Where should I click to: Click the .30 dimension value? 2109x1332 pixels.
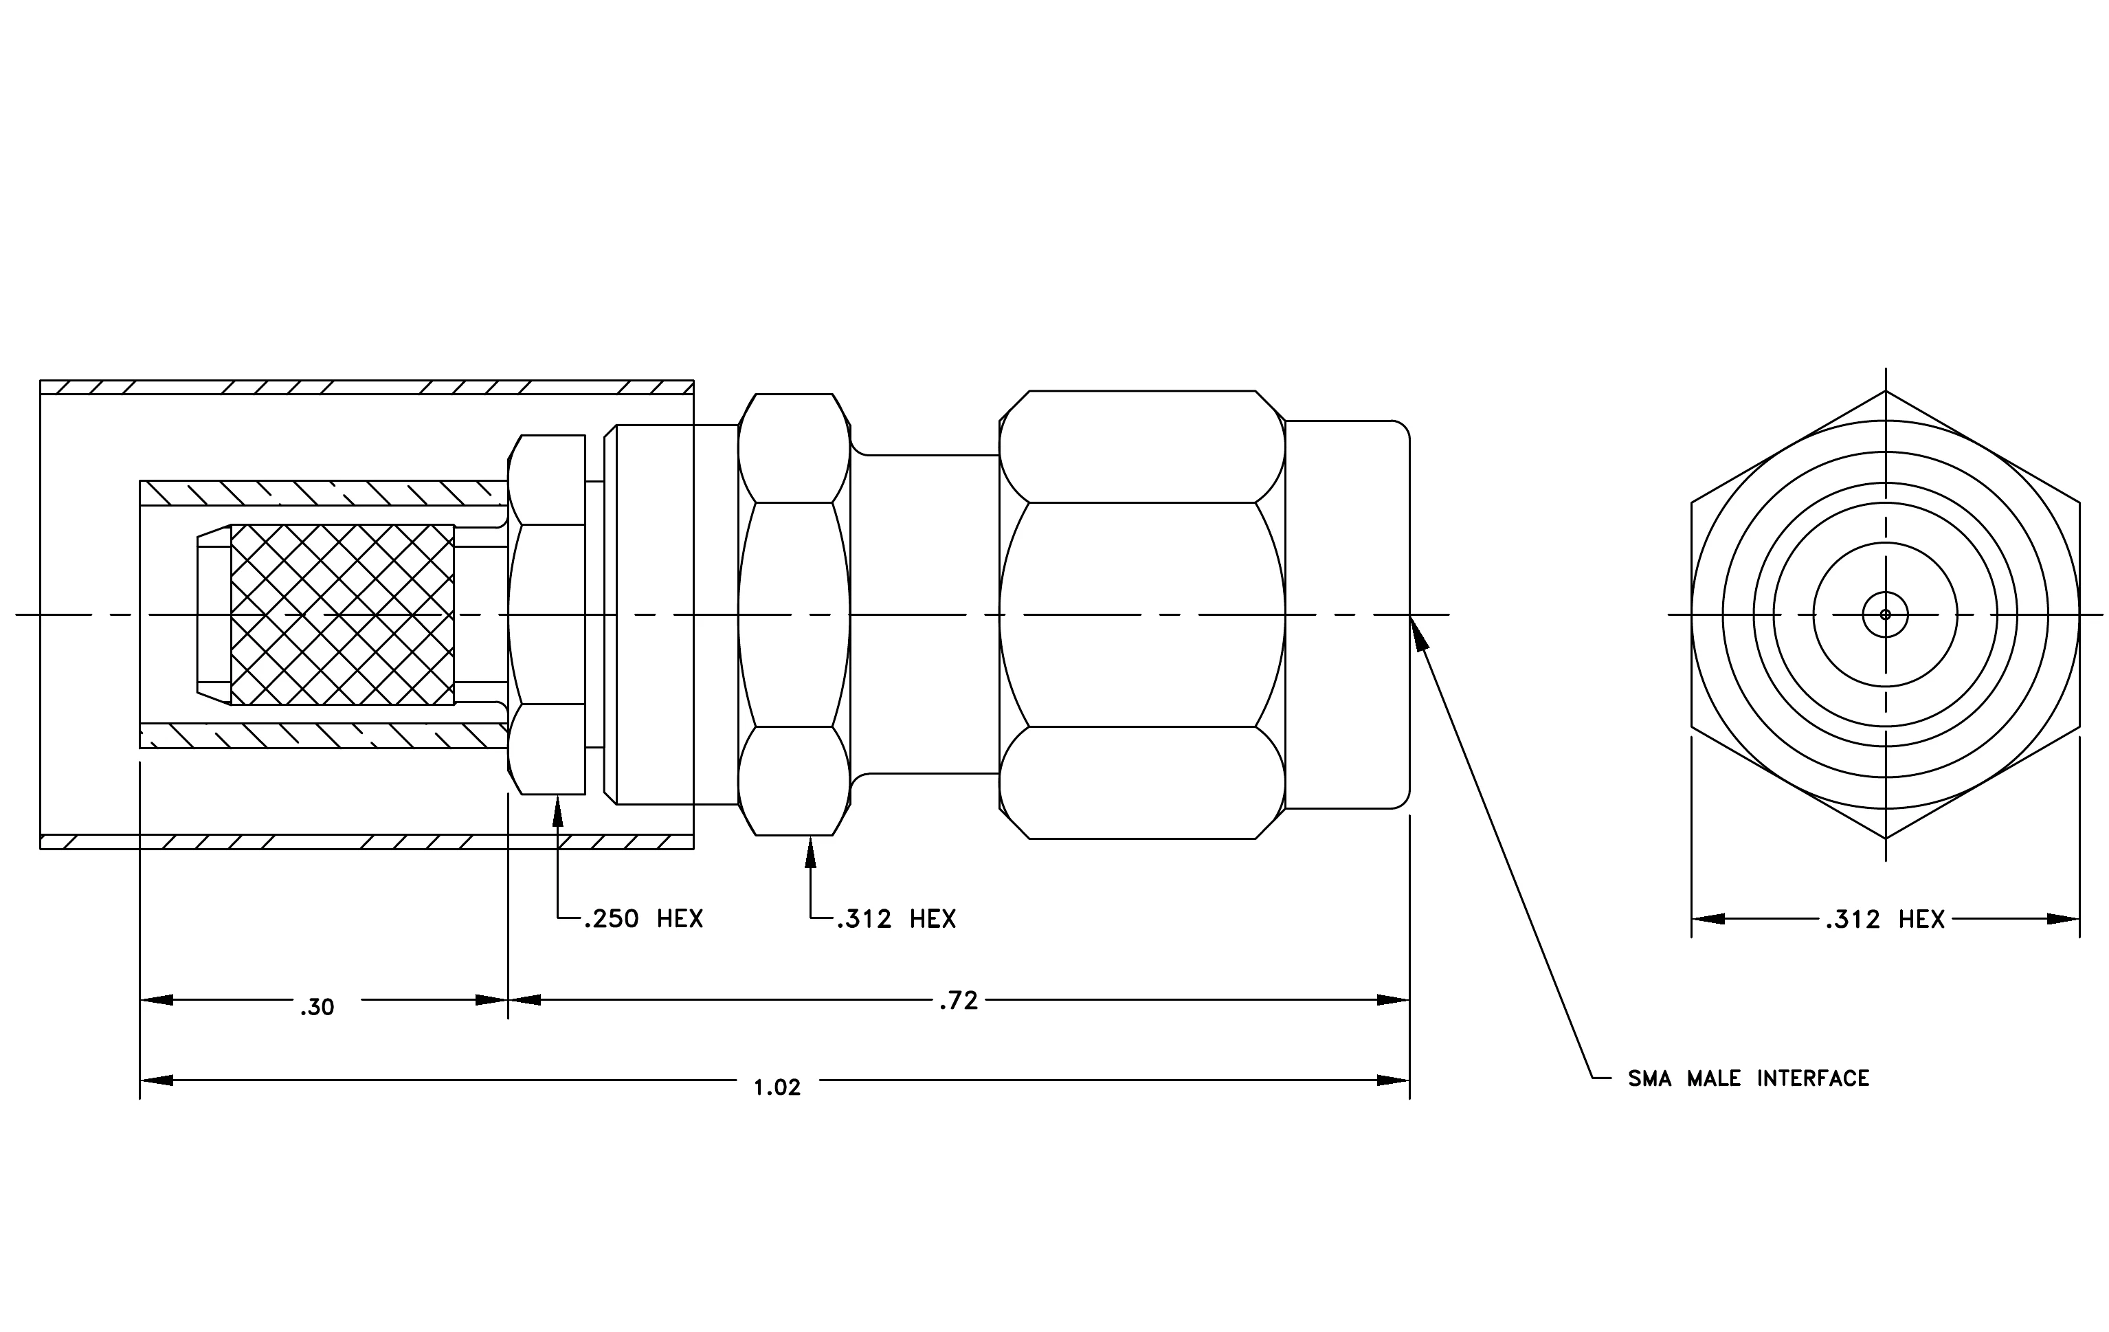pos(317,1008)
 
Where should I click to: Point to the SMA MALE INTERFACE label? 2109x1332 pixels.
pos(1749,1078)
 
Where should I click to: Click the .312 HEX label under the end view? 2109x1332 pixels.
pos(1885,920)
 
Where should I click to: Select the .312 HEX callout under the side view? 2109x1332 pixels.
pos(896,919)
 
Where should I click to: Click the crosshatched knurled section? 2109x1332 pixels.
pos(342,614)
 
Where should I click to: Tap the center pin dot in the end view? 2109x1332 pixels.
pos(1885,614)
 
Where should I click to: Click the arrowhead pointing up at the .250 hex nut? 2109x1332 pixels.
pos(558,811)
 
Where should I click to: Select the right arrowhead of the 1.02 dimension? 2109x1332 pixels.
pos(1392,1080)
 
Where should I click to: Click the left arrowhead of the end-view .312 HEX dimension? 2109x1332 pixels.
pos(1708,919)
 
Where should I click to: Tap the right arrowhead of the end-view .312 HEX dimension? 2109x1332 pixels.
pos(2062,919)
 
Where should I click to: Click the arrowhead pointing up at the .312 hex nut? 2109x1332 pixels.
pos(810,852)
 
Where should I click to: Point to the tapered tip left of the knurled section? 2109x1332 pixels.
pos(214,614)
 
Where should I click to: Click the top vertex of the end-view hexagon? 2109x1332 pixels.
pos(1886,390)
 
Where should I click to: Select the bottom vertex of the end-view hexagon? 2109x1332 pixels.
pos(1886,839)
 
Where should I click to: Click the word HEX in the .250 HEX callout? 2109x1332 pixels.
pos(680,919)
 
